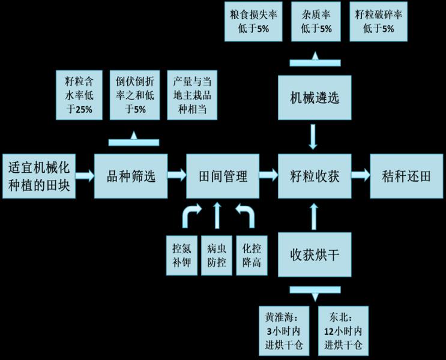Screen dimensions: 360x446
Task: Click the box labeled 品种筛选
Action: click(x=131, y=176)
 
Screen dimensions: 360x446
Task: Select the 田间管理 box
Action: click(x=223, y=176)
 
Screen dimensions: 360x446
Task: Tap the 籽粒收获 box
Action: click(x=315, y=176)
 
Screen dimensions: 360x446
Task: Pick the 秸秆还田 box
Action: click(x=406, y=176)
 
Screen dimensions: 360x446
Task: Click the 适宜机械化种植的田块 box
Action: click(x=39, y=176)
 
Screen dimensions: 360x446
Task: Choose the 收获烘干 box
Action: click(x=315, y=254)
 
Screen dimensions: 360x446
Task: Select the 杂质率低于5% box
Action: click(x=316, y=22)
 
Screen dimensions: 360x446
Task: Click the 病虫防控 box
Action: click(x=217, y=256)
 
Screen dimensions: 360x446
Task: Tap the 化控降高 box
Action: click(x=252, y=256)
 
